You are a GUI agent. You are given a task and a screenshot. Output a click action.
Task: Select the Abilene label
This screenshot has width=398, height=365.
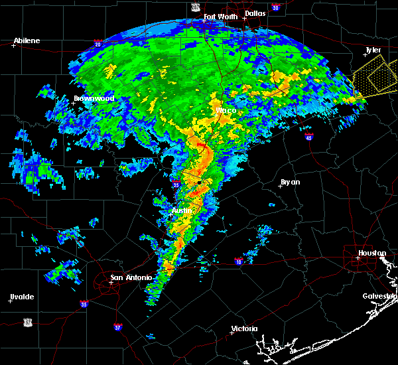tap(27, 40)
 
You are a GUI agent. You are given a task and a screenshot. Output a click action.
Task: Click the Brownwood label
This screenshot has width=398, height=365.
tap(94, 98)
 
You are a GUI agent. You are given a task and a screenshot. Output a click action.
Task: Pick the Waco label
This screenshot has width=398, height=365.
tap(226, 110)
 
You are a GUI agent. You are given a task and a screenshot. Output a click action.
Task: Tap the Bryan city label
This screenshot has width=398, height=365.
tap(290, 181)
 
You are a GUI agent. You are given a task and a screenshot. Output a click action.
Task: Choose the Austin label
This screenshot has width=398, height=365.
tap(182, 210)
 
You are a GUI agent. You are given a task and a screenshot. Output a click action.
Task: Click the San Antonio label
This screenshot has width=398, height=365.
tap(131, 277)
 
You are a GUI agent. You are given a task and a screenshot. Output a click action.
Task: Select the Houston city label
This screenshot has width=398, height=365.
tap(372, 253)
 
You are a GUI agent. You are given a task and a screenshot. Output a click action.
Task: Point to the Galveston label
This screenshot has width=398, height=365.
tap(379, 296)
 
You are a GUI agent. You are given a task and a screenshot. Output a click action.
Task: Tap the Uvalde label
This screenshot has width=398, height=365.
tap(22, 296)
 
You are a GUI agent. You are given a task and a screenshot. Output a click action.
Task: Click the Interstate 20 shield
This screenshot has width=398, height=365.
tap(98, 44)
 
